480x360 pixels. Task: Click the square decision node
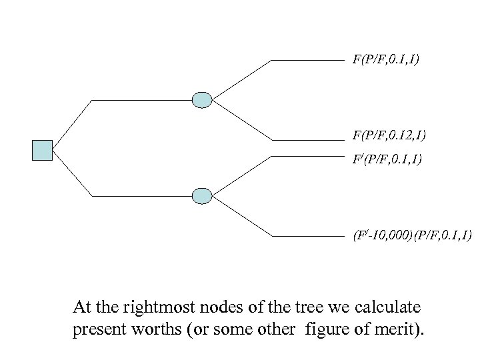(42, 150)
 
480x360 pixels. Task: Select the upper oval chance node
(201, 100)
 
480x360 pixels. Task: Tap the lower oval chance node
(201, 196)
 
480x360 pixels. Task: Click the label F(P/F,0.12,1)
(389, 136)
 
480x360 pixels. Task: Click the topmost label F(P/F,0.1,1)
(386, 60)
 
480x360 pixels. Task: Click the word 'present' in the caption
(97, 331)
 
